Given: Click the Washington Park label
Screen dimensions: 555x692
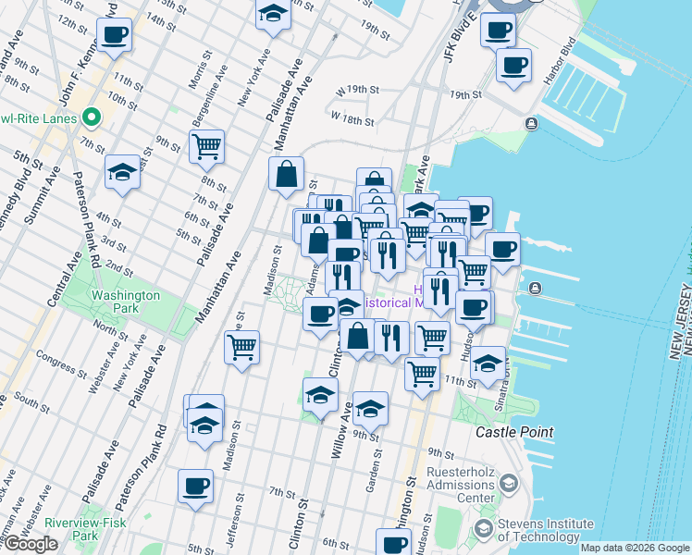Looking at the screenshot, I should point(126,302).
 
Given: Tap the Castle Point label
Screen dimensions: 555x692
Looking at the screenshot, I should point(514,432).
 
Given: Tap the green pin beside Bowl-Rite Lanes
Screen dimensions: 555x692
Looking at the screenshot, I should point(91,118).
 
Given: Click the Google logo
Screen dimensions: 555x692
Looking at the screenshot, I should point(31,544).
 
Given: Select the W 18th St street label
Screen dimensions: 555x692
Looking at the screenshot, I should point(352,119).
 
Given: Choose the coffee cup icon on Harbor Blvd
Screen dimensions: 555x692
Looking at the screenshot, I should point(513,65).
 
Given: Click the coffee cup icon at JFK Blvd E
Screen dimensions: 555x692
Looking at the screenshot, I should point(497,29).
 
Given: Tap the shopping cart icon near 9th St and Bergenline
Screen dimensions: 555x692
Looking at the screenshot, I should point(206,145).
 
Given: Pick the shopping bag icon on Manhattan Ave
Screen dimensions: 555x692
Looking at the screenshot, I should point(287,173).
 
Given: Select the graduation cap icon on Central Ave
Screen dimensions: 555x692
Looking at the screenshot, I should point(122,172).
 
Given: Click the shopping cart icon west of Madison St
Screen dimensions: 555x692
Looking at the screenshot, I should point(242,348).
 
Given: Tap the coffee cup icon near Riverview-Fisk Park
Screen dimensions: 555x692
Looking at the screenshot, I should point(195,486).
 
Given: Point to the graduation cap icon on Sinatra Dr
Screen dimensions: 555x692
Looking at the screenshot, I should point(488,364).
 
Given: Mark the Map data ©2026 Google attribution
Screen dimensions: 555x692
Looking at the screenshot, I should point(635,548).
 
